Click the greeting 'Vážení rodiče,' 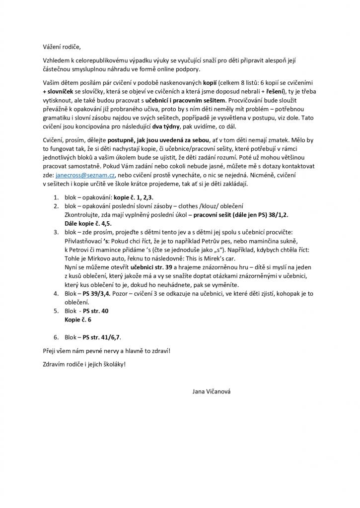click(x=61, y=48)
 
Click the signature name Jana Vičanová click(x=212, y=391)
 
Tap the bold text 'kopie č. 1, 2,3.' click(x=134, y=197)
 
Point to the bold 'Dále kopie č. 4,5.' click(x=88, y=224)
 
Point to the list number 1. click(x=56, y=197)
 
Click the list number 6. click(x=56, y=337)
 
